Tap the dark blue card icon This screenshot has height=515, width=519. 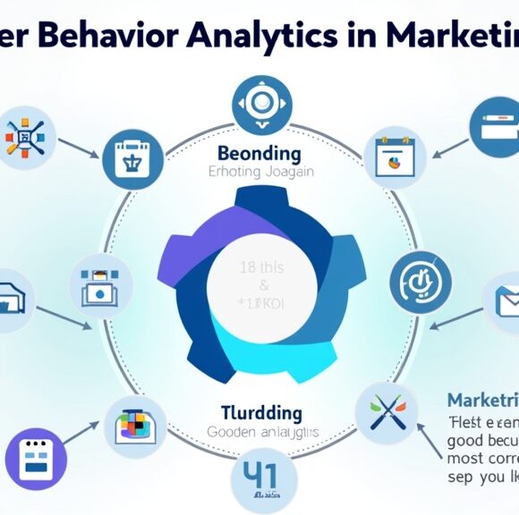[x=492, y=125]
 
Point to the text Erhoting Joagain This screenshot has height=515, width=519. [x=259, y=172]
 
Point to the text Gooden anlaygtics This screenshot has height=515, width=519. [x=261, y=431]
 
